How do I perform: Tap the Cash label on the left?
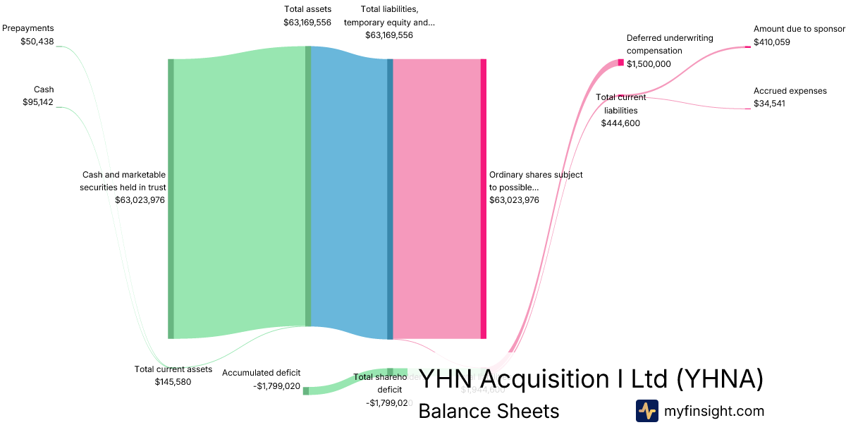[x=44, y=90]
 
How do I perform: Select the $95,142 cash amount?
[x=38, y=102]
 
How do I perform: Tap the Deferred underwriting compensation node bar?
[x=621, y=63]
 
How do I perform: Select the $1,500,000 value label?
[x=649, y=63]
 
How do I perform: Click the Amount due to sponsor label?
[x=799, y=29]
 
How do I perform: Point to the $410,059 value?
[x=772, y=42]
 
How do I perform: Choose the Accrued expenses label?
[x=790, y=91]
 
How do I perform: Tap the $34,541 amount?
[x=769, y=104]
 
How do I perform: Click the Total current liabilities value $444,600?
[x=620, y=123]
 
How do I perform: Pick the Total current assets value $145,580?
[x=173, y=382]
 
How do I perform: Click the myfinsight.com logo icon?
[x=646, y=411]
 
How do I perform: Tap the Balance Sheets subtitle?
[x=489, y=411]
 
